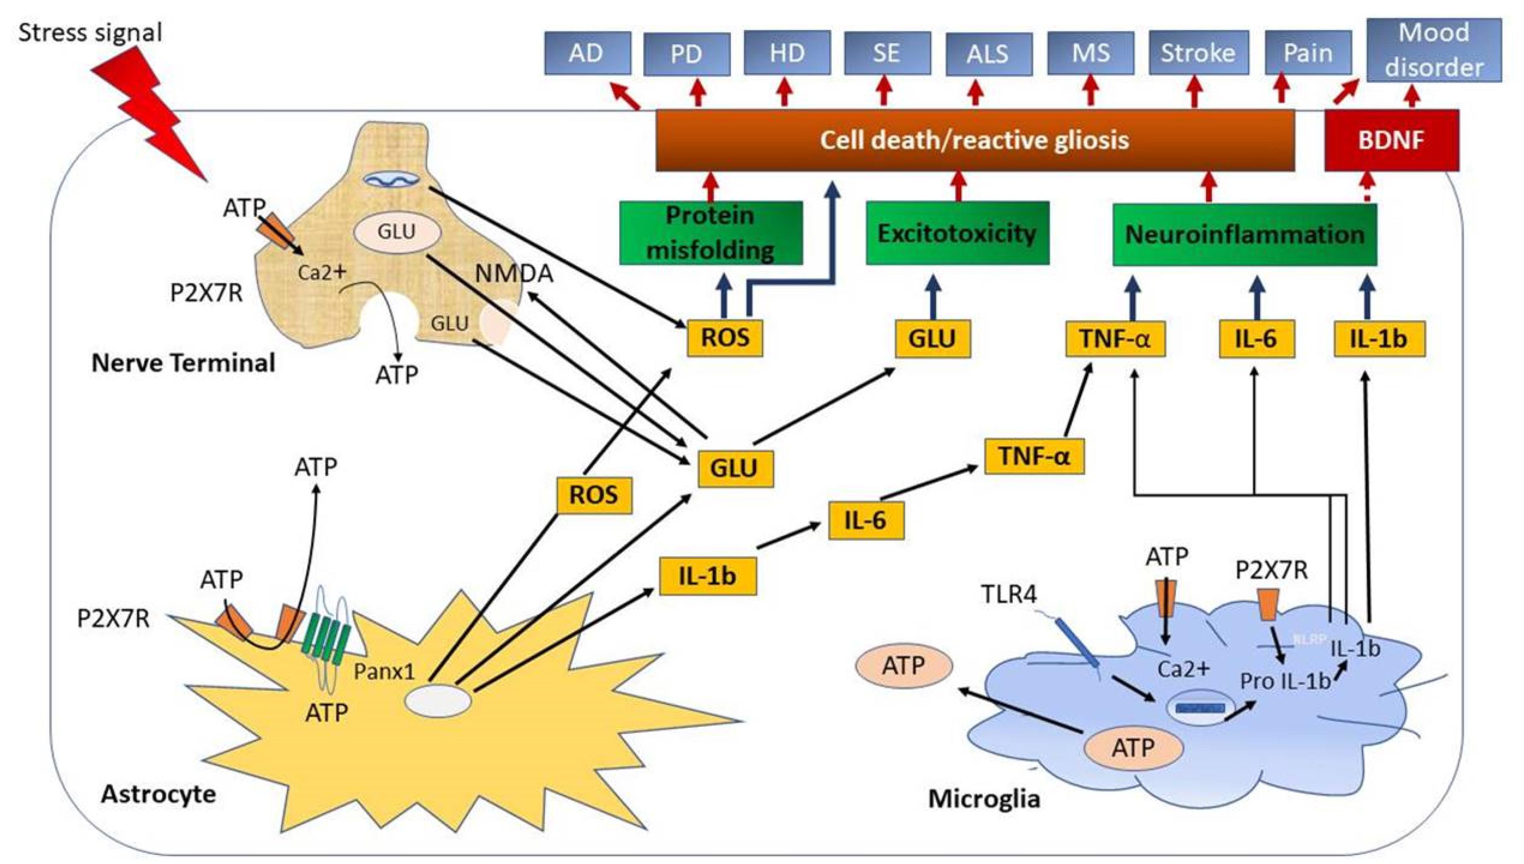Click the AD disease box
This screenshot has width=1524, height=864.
point(587,53)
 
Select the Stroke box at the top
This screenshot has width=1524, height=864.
point(1198,53)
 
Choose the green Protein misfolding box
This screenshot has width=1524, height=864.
point(711,232)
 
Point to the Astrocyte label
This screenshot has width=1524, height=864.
point(159,794)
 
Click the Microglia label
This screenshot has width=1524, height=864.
point(984,799)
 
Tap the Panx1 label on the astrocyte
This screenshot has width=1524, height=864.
point(384,671)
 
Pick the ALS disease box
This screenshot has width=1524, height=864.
point(988,54)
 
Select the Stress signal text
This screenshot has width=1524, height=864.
point(90,33)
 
